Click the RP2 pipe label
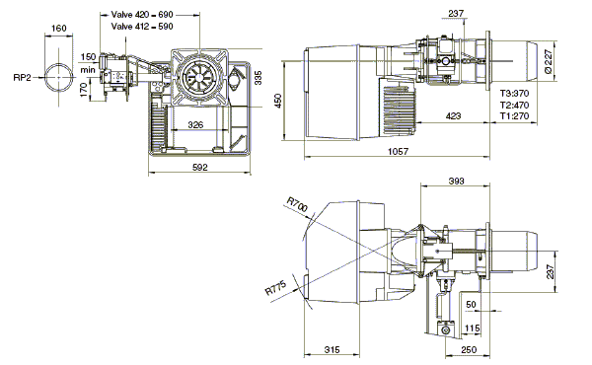pyautogui.click(x=23, y=78)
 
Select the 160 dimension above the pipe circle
pyautogui.click(x=58, y=28)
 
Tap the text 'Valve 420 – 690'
pyautogui.click(x=142, y=15)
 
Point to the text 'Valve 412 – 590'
pyautogui.click(x=142, y=27)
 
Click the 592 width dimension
pyautogui.click(x=200, y=167)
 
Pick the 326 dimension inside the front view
pyautogui.click(x=195, y=124)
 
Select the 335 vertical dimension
pyautogui.click(x=259, y=77)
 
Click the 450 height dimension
pyautogui.click(x=278, y=101)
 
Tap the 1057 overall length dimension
pyautogui.click(x=399, y=151)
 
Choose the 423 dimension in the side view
pyautogui.click(x=453, y=115)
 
